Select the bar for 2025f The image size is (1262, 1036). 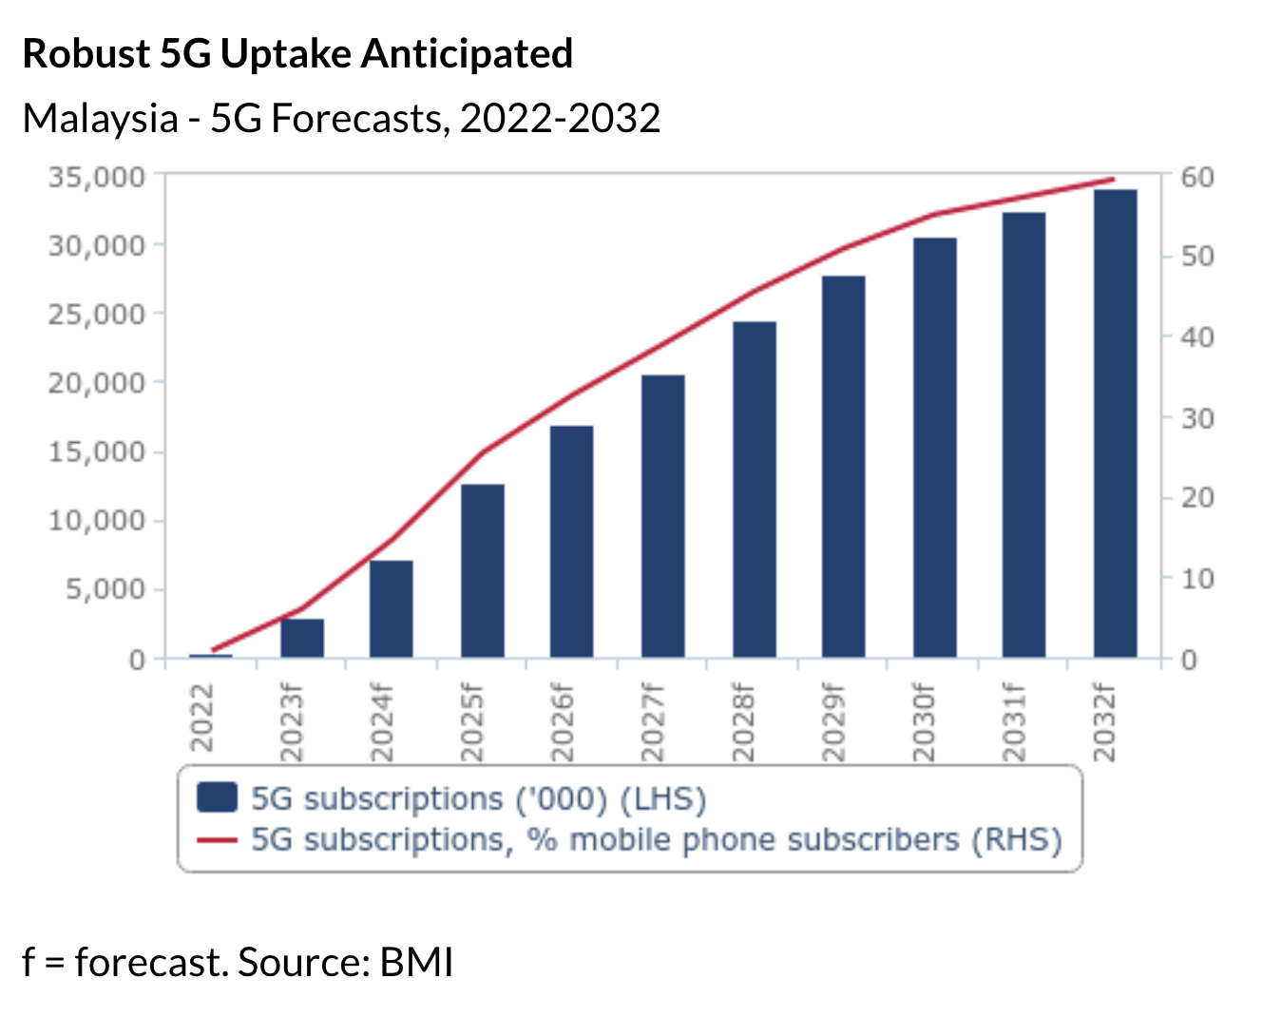[482, 570]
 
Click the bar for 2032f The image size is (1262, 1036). [1115, 423]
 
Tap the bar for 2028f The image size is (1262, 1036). [755, 489]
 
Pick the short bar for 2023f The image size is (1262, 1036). [302, 638]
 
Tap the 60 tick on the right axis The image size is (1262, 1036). [1196, 178]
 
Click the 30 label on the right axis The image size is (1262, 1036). [1196, 418]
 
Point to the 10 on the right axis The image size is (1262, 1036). [1196, 579]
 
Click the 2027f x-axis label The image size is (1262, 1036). [653, 723]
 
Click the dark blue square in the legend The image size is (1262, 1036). [217, 797]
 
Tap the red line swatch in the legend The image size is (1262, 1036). [217, 840]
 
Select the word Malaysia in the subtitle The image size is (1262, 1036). [100, 119]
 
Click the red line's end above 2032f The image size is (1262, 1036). [1113, 179]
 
